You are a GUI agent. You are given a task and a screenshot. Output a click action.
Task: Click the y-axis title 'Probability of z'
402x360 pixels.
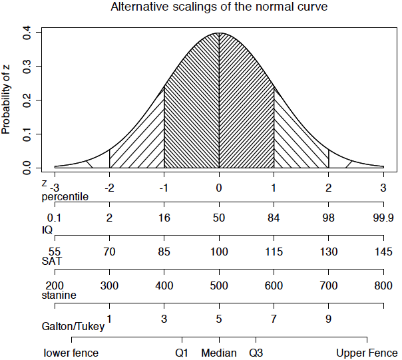coord(7,100)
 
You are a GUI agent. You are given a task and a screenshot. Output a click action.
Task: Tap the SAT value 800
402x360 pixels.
coord(383,285)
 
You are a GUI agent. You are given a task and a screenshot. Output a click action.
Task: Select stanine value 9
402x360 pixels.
coord(329,318)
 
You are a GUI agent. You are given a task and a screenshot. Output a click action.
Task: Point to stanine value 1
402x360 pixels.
coord(109,318)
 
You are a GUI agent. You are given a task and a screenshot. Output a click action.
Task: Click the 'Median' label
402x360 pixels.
coord(219,353)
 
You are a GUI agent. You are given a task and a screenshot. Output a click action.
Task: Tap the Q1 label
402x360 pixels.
coord(182,353)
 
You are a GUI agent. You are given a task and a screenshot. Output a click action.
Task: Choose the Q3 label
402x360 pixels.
coord(256,353)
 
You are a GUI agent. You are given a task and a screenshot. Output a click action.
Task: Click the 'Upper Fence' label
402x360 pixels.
coord(367,353)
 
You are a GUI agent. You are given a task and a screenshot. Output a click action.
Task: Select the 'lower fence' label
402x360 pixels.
coord(71,353)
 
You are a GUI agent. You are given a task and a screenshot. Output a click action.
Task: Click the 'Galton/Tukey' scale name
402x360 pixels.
coord(73,327)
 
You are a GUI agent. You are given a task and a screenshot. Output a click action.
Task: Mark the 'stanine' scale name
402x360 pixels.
coord(59,295)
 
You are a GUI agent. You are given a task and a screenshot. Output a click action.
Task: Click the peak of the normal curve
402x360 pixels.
coord(219,33)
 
